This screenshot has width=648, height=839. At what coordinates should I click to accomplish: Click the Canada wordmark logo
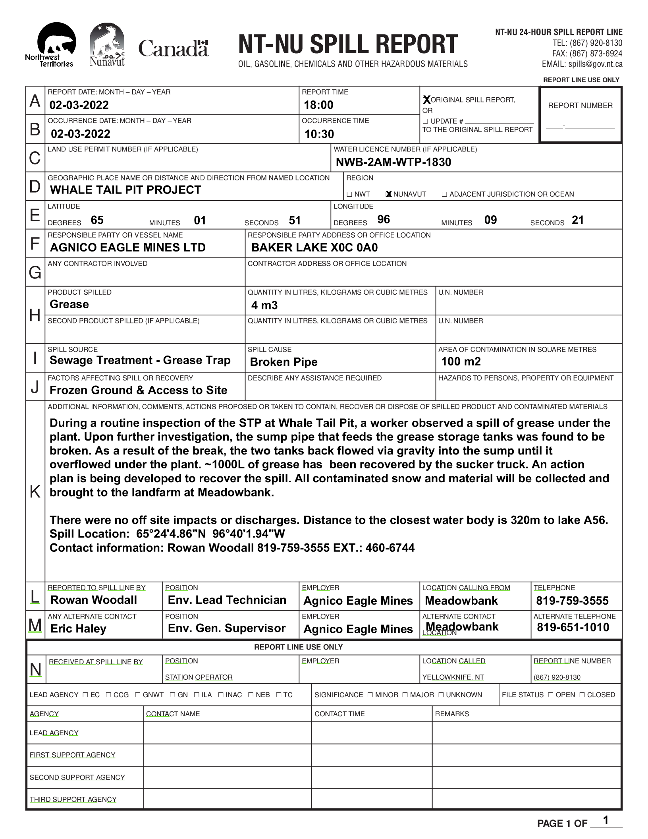[173, 48]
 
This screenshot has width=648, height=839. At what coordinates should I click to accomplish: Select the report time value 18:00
[318, 105]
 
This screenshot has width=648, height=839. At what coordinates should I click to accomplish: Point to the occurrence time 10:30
[319, 134]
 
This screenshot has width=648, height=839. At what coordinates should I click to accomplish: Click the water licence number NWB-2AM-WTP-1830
[393, 162]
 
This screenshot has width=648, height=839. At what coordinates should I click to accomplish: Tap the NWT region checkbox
[349, 194]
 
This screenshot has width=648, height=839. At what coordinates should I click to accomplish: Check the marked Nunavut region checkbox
[389, 194]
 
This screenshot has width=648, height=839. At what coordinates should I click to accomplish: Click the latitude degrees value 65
[97, 220]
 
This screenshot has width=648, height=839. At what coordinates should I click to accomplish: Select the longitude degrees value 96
[384, 220]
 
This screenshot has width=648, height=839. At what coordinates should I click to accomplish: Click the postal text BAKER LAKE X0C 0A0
[314, 248]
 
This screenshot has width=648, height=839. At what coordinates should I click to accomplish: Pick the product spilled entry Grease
[69, 305]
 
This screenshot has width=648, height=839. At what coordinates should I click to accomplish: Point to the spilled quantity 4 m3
[264, 305]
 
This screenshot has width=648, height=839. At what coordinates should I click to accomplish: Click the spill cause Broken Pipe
[284, 362]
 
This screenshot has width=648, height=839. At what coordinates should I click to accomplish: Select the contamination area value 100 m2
[461, 362]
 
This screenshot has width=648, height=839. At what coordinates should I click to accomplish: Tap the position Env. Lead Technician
[227, 600]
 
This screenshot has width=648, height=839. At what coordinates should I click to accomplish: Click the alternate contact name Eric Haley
[79, 629]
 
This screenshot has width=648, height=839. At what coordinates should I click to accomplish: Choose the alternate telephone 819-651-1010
[573, 628]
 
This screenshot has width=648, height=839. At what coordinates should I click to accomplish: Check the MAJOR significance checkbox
[405, 695]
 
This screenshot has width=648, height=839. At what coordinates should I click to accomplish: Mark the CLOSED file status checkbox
[582, 695]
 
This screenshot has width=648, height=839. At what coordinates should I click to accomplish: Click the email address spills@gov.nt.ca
[595, 64]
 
